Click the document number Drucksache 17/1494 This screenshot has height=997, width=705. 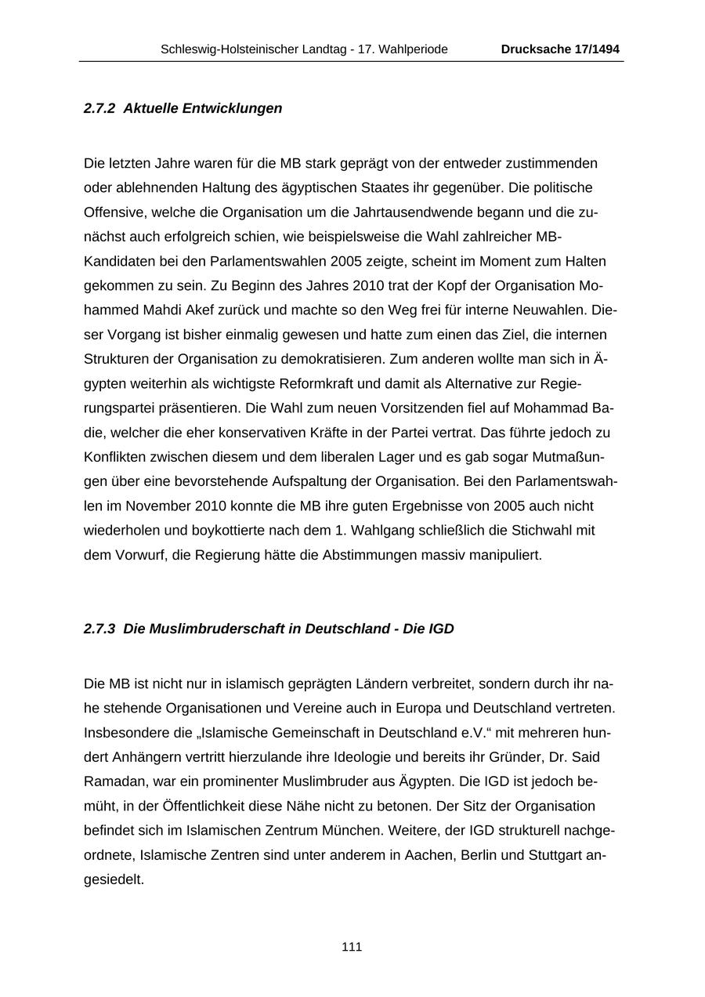click(560, 49)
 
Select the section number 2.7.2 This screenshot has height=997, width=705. click(99, 108)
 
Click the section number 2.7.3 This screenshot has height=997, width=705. click(99, 629)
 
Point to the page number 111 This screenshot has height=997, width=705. click(352, 947)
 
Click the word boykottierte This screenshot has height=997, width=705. click(215, 530)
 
